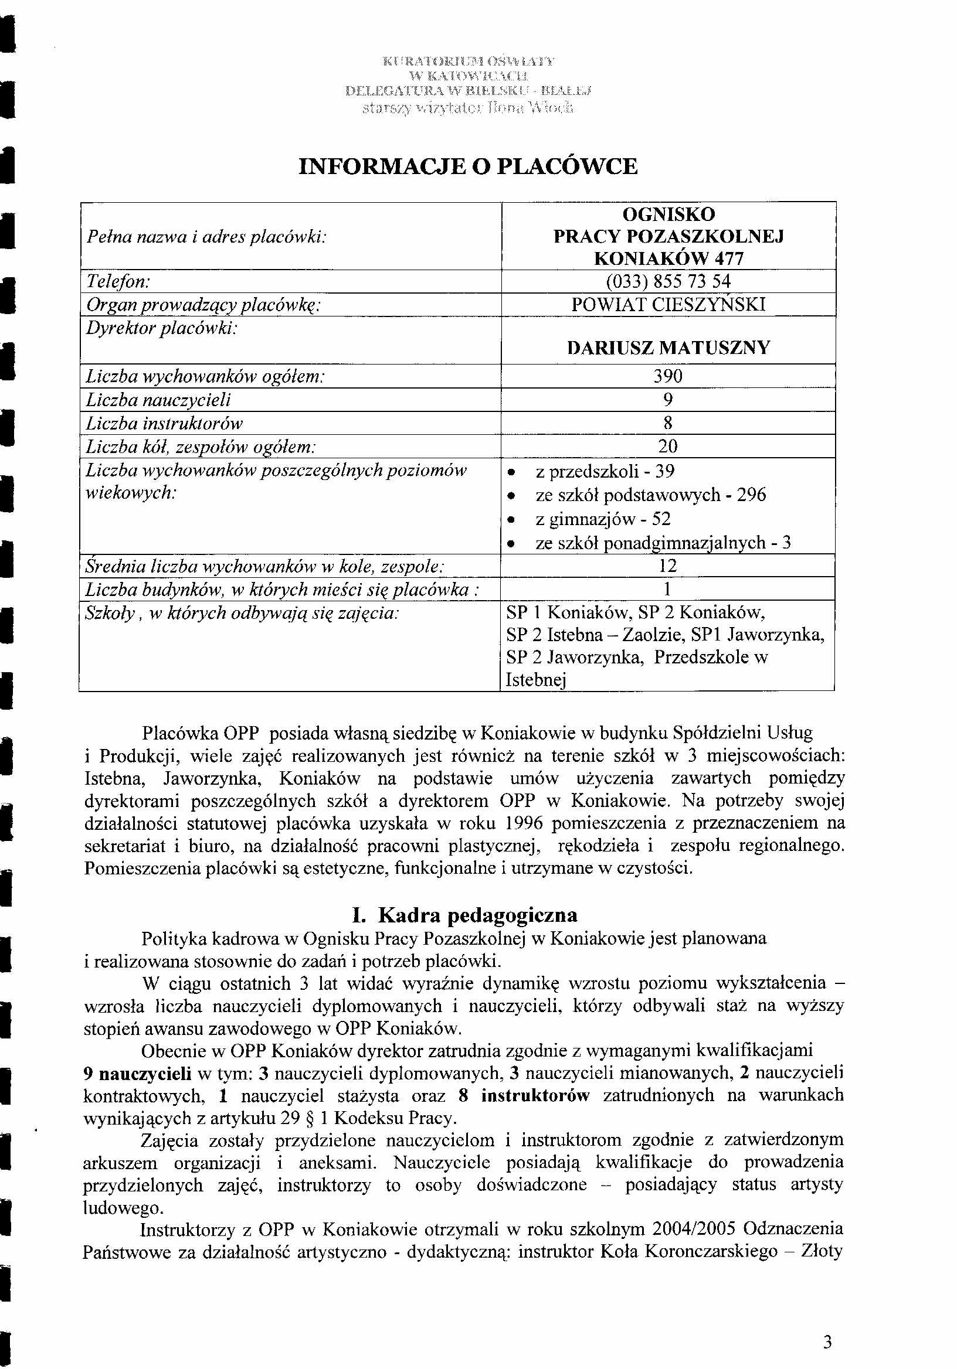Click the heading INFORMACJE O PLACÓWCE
tap(467, 166)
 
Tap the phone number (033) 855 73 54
tap(668, 281)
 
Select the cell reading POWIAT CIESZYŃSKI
tap(668, 305)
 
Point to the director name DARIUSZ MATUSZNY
tap(668, 348)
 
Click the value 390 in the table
tap(668, 376)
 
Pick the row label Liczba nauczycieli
tap(158, 400)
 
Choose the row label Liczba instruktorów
tap(164, 423)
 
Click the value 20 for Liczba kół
tap(668, 447)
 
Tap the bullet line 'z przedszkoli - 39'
tap(605, 472)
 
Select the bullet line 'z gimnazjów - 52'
tap(603, 519)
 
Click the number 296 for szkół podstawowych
tap(751, 495)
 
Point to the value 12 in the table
tap(667, 566)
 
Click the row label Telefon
tap(118, 281)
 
